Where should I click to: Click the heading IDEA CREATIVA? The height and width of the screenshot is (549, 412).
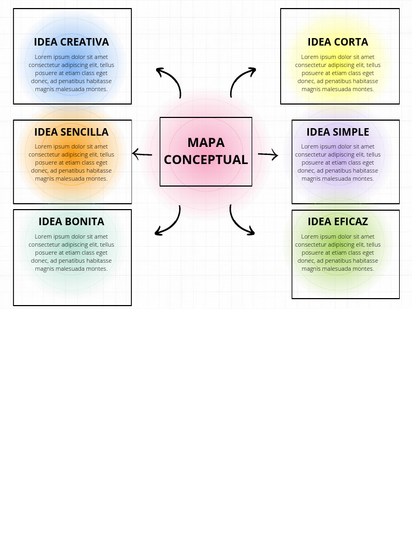71,42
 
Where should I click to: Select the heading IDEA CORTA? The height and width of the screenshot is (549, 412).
338,42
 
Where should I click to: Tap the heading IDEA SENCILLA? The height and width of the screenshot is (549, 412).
71,132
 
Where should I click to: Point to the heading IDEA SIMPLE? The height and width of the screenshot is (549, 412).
338,132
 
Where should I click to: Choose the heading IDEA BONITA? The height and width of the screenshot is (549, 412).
71,221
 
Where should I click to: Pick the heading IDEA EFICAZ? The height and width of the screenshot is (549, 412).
338,221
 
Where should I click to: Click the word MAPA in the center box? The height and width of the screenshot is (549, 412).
206,143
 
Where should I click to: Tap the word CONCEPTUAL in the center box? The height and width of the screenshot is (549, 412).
206,160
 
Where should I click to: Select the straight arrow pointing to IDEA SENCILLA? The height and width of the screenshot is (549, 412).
142,154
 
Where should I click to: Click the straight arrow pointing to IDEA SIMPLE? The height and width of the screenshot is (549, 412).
268,155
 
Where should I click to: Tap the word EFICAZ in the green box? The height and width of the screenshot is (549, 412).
351,221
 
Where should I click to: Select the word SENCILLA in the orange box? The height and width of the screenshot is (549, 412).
84,132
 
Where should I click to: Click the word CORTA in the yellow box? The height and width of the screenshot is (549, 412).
351,42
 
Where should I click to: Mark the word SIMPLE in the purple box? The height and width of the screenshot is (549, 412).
351,132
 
